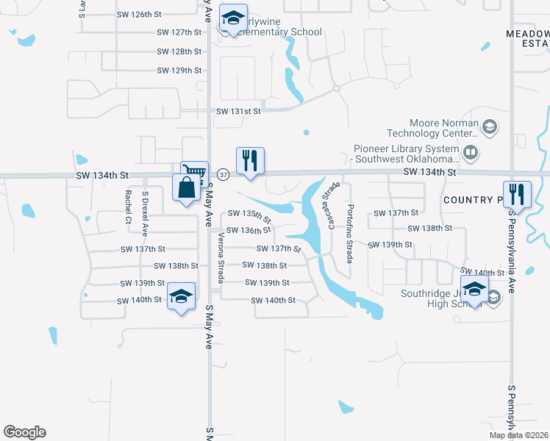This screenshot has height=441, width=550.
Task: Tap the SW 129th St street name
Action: coord(179,71)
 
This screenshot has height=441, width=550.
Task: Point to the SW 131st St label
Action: coord(239,111)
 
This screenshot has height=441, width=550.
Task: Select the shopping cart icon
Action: coord(194,173)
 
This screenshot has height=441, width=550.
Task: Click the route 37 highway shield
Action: coord(224,174)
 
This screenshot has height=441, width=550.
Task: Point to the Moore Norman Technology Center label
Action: coord(434,128)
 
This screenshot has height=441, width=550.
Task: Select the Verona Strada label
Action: coord(221,258)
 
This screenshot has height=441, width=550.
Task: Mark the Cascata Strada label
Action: coord(327,205)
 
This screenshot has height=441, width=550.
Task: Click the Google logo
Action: coord(24,432)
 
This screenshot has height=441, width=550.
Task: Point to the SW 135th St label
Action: coord(249,215)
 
